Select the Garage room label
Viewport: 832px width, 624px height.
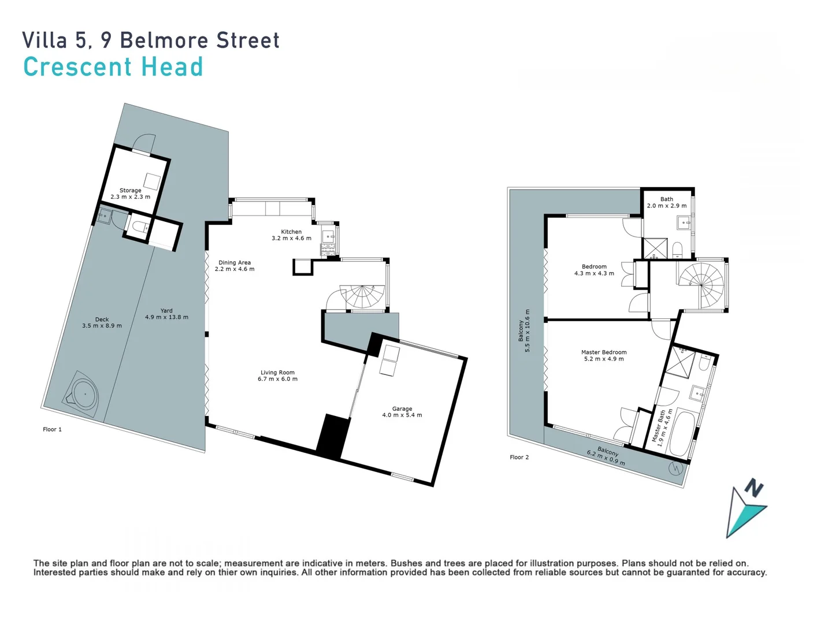(x=402, y=408)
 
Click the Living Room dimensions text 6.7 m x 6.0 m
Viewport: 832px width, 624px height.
(x=277, y=379)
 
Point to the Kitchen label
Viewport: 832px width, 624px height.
(x=291, y=232)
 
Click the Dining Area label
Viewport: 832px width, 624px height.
(x=235, y=262)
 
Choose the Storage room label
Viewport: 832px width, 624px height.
(x=130, y=190)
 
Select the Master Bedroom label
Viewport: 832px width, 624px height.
(x=604, y=352)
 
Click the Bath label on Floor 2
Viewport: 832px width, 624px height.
(x=667, y=199)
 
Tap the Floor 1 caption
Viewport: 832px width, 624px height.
(x=52, y=429)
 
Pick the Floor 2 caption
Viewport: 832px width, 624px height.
(x=519, y=457)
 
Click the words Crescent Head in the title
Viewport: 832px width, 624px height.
(x=113, y=67)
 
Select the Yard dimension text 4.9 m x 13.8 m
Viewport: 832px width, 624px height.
(x=166, y=317)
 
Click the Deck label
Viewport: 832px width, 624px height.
(x=102, y=319)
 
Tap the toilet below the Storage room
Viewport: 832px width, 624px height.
(x=138, y=226)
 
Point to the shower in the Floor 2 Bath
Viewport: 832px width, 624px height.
(x=655, y=248)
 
